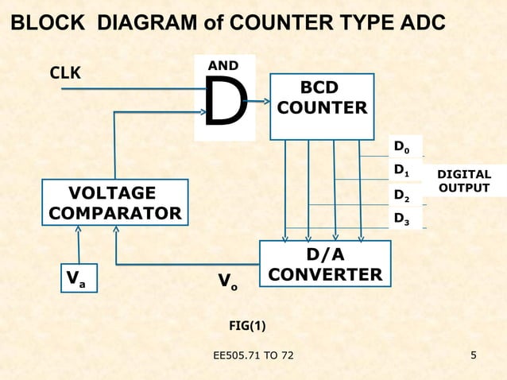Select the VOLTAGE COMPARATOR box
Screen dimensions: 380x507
point(114,204)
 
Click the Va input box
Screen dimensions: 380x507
point(78,278)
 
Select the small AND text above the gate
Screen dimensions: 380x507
point(222,64)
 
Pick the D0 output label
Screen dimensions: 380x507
point(403,147)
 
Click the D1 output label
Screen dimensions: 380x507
point(403,170)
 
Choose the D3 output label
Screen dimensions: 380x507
point(403,218)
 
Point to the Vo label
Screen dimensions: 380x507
point(227,281)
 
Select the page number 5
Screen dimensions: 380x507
point(474,354)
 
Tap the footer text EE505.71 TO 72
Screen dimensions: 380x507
point(253,354)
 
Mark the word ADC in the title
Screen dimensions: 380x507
point(419,22)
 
